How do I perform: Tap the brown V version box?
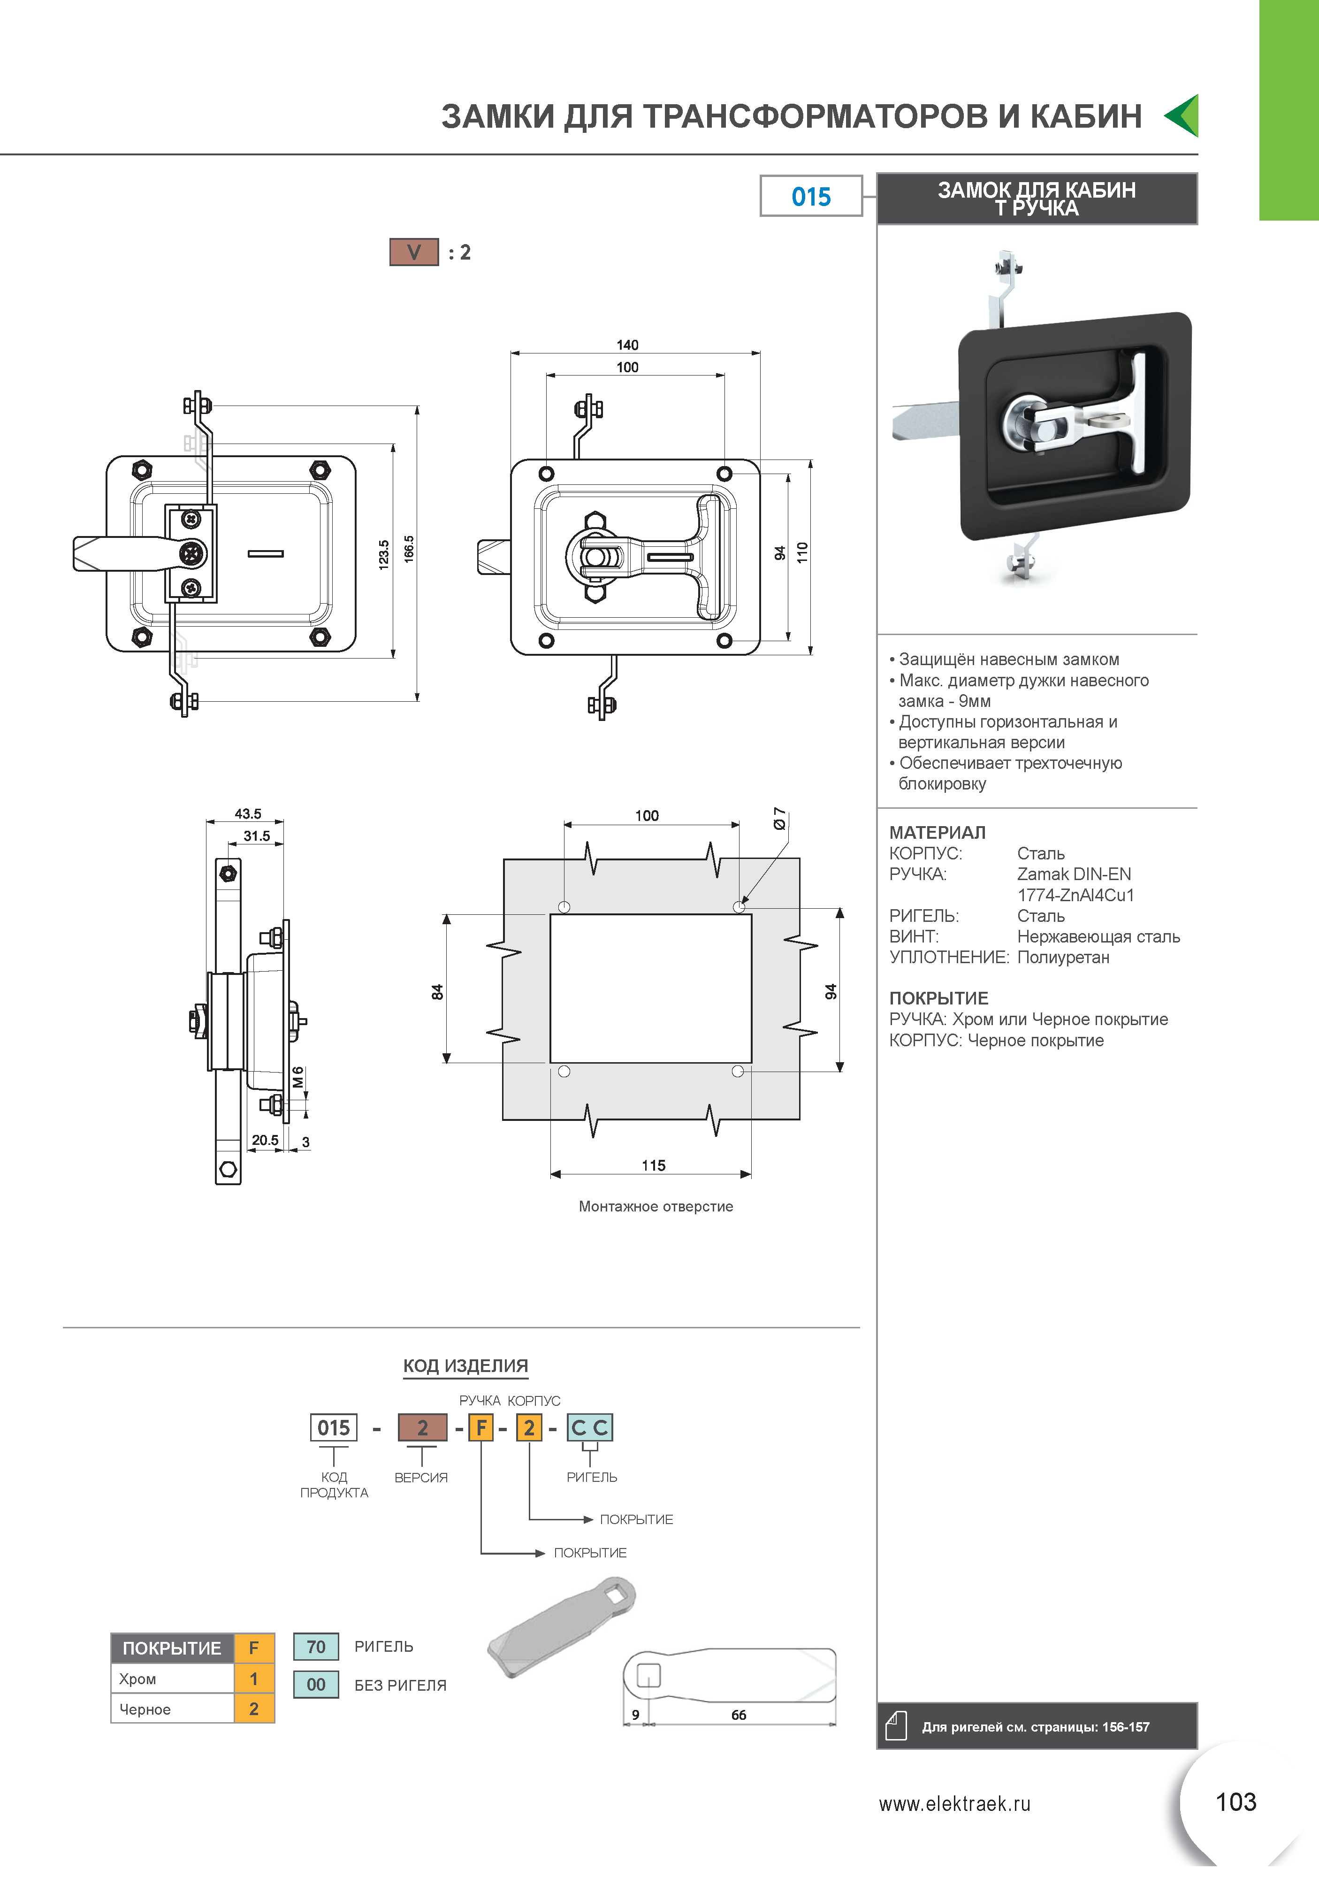tap(414, 252)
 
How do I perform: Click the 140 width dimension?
tap(627, 345)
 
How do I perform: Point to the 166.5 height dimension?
tap(409, 549)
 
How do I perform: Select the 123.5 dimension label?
tap(383, 554)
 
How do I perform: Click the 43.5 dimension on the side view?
tap(248, 814)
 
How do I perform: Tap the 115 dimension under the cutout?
tap(653, 1165)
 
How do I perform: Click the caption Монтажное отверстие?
tap(656, 1206)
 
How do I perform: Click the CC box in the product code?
tap(589, 1427)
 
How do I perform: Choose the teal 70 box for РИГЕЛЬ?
tap(316, 1647)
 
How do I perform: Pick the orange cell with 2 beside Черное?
tap(253, 1709)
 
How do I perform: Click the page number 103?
tap(1235, 1802)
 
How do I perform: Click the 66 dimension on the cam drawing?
tap(739, 1714)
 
